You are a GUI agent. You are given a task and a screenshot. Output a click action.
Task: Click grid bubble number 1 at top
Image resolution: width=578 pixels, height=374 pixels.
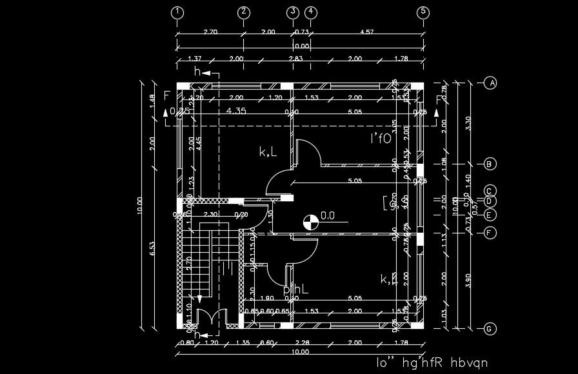(x=177, y=12)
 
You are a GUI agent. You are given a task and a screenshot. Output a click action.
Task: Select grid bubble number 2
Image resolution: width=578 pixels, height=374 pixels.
(x=243, y=12)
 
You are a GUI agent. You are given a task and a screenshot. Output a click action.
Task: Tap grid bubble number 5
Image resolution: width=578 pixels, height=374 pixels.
(x=423, y=12)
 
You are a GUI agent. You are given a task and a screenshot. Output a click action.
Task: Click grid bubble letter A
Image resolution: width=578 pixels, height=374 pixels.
(x=490, y=83)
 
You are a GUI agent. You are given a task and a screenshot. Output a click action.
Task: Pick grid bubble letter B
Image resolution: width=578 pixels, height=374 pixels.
(x=490, y=164)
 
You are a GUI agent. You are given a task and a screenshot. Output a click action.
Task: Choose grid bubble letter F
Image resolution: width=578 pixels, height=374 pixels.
(x=490, y=233)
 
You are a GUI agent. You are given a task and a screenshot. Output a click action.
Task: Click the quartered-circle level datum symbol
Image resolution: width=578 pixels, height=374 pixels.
(x=310, y=222)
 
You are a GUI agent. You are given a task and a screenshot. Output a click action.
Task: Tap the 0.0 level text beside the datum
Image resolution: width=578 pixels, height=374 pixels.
(x=328, y=216)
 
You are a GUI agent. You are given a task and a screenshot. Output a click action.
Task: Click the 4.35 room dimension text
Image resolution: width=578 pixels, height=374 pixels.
(x=236, y=110)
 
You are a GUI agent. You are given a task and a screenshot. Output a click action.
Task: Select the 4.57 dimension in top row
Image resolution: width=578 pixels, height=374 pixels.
(x=367, y=32)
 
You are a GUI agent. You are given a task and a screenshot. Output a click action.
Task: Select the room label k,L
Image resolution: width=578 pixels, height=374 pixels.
(x=268, y=152)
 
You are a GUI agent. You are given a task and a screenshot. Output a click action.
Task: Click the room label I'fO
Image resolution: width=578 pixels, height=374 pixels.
(x=381, y=138)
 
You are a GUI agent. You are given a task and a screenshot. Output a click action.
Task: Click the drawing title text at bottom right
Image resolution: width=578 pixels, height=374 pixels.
(x=432, y=362)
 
